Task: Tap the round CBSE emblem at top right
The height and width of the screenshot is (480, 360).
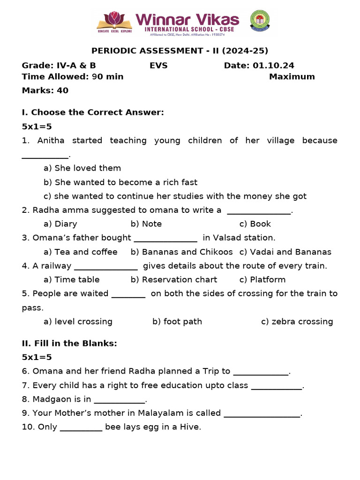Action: pyautogui.click(x=259, y=21)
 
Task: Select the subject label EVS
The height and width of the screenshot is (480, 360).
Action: pyautogui.click(x=158, y=66)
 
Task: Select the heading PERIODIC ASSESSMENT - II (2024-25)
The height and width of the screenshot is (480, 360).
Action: pyautogui.click(x=180, y=51)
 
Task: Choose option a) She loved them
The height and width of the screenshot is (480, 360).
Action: pyautogui.click(x=82, y=168)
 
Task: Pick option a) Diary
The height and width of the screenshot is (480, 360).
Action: pyautogui.click(x=60, y=224)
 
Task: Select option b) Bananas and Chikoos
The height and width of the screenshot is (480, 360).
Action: pyautogui.click(x=181, y=252)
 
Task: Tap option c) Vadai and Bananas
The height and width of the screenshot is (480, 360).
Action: pyautogui.click(x=285, y=252)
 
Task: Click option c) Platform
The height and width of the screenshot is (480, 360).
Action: pyautogui.click(x=262, y=279)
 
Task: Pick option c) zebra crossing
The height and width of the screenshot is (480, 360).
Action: pyautogui.click(x=297, y=322)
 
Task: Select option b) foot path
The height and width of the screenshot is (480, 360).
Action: pyautogui.click(x=177, y=322)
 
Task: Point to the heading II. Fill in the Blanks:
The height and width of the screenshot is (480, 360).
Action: pyautogui.click(x=69, y=343)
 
